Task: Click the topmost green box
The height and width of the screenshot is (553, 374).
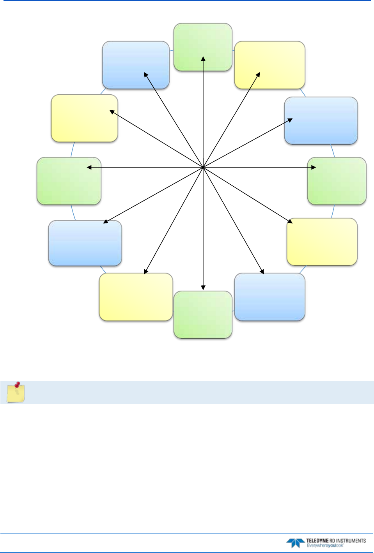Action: point(203,47)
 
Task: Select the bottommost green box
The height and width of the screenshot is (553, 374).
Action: point(203,314)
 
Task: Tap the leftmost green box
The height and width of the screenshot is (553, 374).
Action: point(69,181)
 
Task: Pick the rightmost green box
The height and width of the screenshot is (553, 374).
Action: point(337,181)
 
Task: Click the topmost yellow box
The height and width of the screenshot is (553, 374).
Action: point(269,65)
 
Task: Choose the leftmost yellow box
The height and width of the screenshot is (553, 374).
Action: point(84,118)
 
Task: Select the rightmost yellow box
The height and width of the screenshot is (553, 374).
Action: point(322,242)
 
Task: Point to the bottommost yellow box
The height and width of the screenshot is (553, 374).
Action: point(136,297)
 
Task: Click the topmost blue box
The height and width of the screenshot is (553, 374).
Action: point(136,65)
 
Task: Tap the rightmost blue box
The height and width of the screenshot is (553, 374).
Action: point(321,120)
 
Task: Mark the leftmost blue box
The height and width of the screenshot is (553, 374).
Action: point(85,243)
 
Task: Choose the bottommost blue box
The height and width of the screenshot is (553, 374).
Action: point(269,297)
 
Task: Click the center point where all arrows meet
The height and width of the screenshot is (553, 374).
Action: point(203,167)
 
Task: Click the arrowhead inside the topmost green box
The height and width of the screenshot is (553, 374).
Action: point(203,58)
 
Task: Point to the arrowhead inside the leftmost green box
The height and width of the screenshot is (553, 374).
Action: point(89,168)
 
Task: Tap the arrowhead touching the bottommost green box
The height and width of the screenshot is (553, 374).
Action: point(203,288)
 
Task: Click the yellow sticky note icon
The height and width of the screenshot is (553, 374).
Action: point(16,393)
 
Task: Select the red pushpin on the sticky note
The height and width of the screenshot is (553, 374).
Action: point(17,385)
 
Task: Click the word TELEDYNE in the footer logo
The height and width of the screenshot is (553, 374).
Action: point(317,541)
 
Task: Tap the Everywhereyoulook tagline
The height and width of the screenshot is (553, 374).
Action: point(325,546)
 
